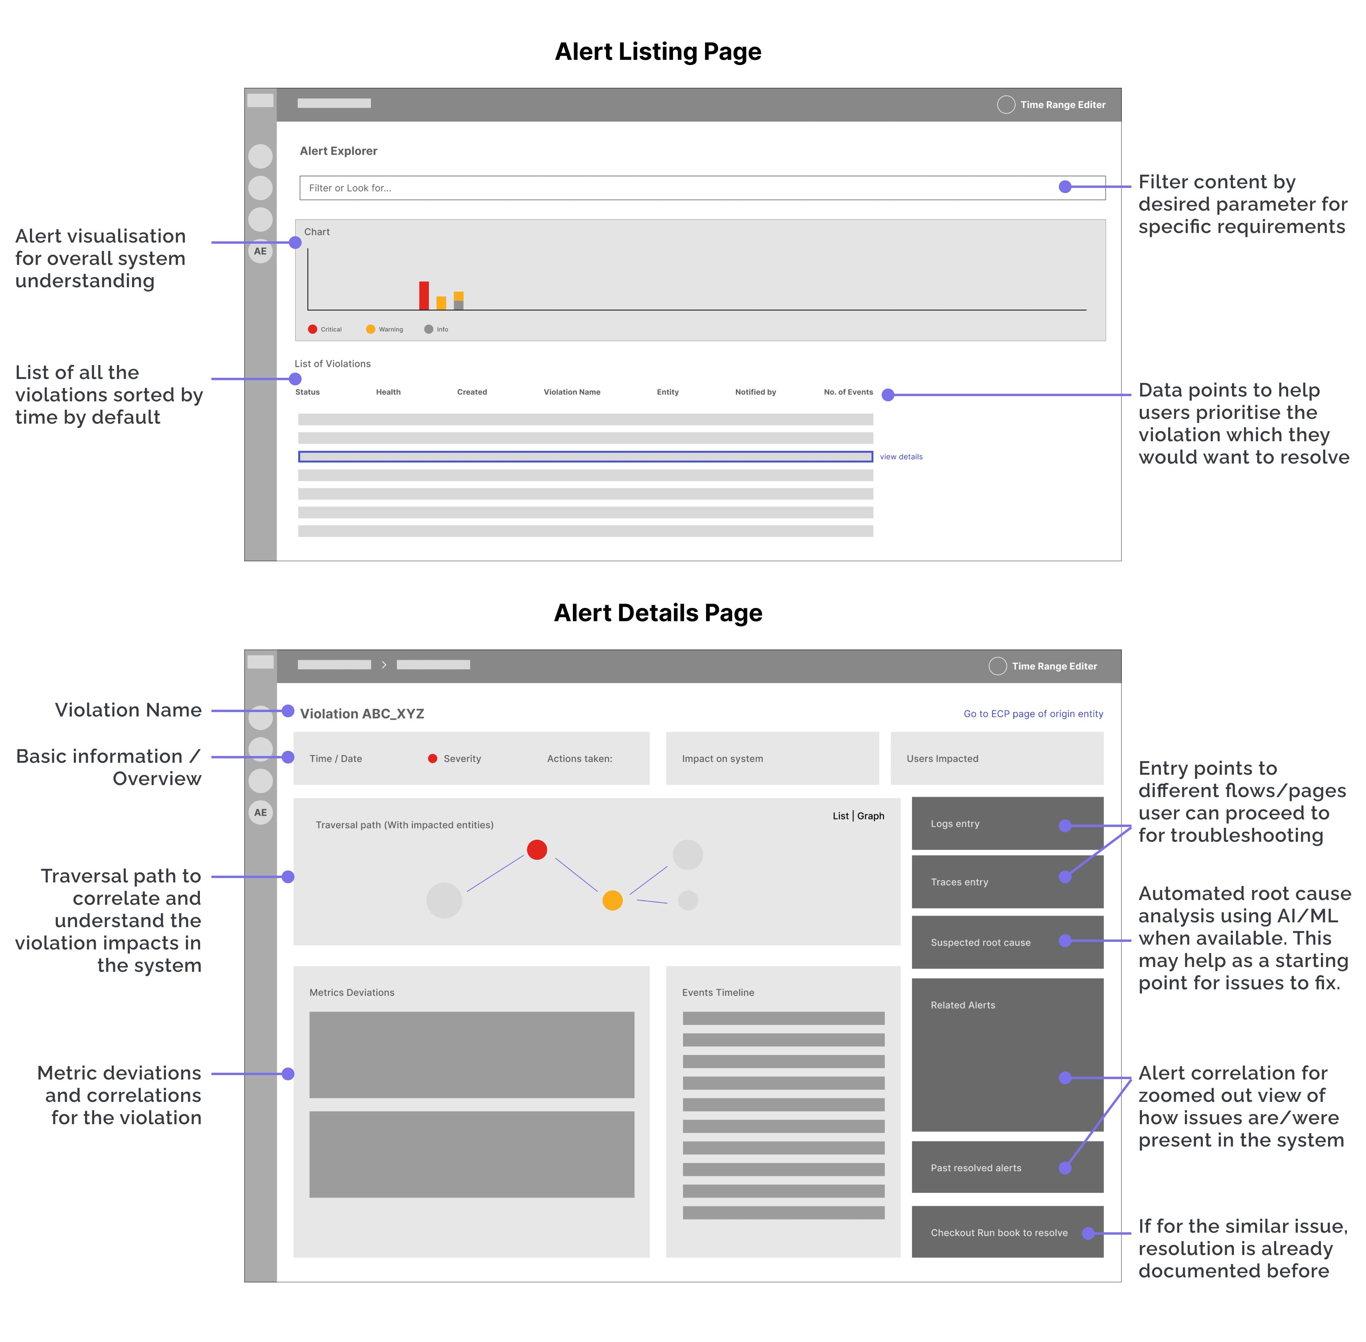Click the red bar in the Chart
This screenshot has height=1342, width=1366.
424,295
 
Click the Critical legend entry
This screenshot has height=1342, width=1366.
325,329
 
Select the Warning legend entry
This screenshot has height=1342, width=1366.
385,329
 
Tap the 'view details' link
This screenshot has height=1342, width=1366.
901,457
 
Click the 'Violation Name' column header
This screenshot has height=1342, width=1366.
572,392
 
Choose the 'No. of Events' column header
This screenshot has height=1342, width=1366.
848,392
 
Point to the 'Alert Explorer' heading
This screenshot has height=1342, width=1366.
338,151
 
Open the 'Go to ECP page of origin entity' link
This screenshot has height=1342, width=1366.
1033,714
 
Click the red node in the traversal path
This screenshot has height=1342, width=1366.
537,849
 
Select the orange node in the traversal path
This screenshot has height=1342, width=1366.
612,900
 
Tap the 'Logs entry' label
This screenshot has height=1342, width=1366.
955,824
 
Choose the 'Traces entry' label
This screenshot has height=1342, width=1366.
959,882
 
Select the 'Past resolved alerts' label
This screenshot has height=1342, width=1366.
975,1168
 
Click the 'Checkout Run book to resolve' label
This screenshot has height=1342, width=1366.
999,1233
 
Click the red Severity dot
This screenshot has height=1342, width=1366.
433,758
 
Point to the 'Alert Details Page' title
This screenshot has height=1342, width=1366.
658,613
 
